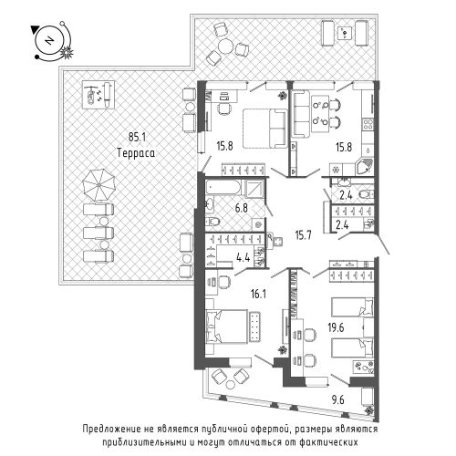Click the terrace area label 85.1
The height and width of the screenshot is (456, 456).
click(x=137, y=137)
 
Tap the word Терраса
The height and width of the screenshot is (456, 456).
click(x=136, y=152)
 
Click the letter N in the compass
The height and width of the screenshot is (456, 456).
click(x=48, y=41)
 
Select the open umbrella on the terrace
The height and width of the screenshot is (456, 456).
click(x=99, y=184)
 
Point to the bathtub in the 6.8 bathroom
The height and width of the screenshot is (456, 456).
click(x=223, y=187)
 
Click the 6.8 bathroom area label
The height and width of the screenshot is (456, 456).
click(x=242, y=208)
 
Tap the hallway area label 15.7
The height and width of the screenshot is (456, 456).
click(x=304, y=234)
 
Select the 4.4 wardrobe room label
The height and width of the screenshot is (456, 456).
click(x=244, y=258)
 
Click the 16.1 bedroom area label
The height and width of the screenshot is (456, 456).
click(x=257, y=294)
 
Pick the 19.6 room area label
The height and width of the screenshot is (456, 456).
click(x=336, y=327)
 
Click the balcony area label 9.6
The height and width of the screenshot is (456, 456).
click(x=338, y=400)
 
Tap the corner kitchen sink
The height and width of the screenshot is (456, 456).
click(x=365, y=166)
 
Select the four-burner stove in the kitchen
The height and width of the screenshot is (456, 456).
click(x=368, y=124)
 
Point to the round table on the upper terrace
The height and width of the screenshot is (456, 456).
click(x=226, y=47)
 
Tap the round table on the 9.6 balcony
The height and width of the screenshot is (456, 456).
click(x=231, y=384)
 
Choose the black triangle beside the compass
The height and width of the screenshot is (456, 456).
click(x=35, y=29)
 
